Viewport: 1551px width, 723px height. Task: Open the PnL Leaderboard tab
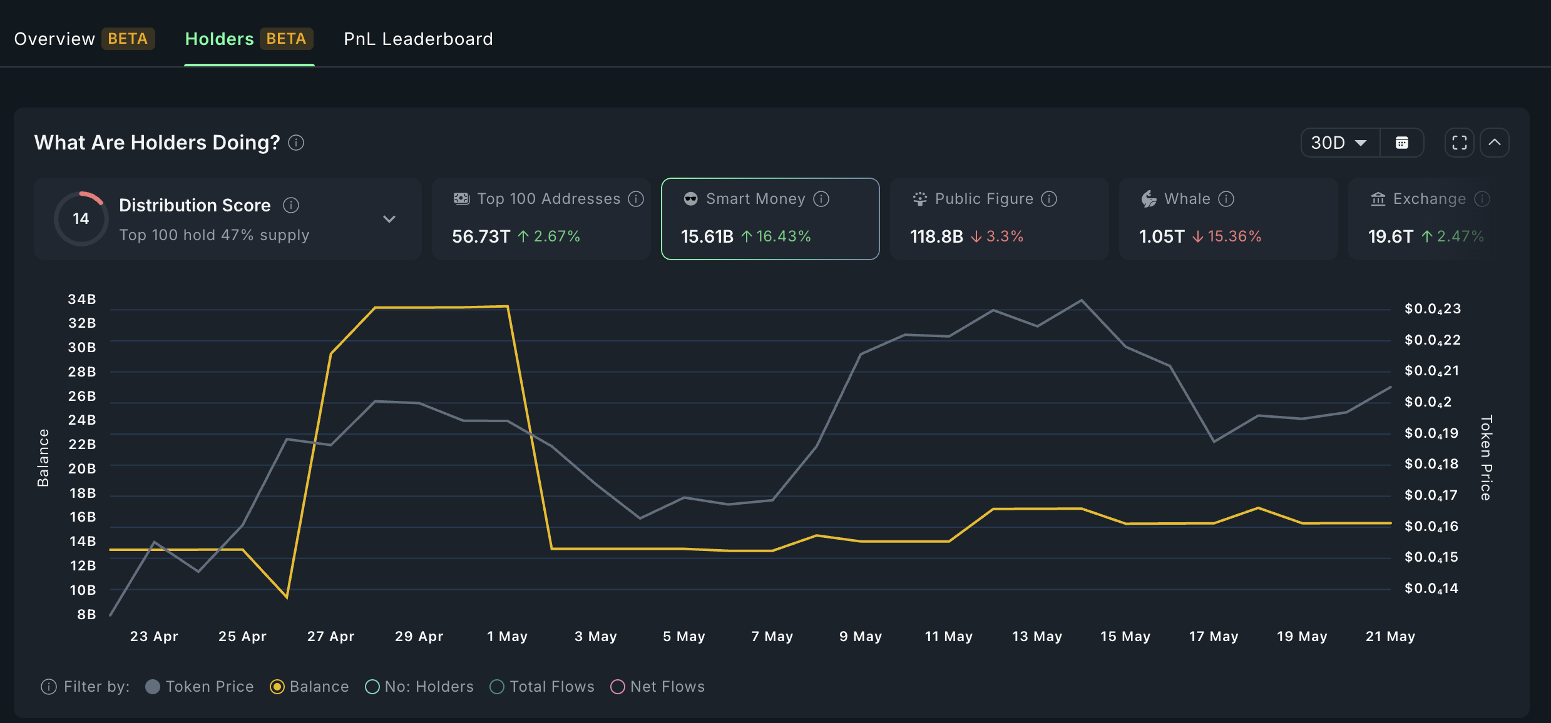click(418, 39)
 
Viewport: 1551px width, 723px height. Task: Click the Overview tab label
click(54, 39)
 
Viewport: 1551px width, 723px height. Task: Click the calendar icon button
click(1402, 143)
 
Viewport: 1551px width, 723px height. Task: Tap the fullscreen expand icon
click(1459, 143)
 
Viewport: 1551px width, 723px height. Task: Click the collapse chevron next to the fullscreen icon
click(1495, 143)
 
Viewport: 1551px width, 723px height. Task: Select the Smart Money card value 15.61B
click(707, 236)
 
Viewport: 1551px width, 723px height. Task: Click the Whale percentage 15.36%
click(1234, 236)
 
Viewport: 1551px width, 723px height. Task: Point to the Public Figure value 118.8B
click(936, 236)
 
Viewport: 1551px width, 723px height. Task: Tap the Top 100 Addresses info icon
click(636, 199)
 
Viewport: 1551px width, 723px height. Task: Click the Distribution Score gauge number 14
click(81, 218)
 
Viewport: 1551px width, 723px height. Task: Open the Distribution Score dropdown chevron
click(389, 219)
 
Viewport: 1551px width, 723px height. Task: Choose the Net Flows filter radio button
click(618, 687)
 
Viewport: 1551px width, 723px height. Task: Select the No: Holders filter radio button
click(372, 687)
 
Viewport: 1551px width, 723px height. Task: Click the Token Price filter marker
click(153, 687)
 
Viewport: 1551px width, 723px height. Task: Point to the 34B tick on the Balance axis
click(82, 299)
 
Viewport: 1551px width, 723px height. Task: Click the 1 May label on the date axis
click(507, 636)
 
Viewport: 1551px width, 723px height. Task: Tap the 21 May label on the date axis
click(1390, 636)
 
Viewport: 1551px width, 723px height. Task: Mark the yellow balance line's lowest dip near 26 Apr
click(287, 597)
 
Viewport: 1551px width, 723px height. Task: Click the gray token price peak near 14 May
click(1082, 301)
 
